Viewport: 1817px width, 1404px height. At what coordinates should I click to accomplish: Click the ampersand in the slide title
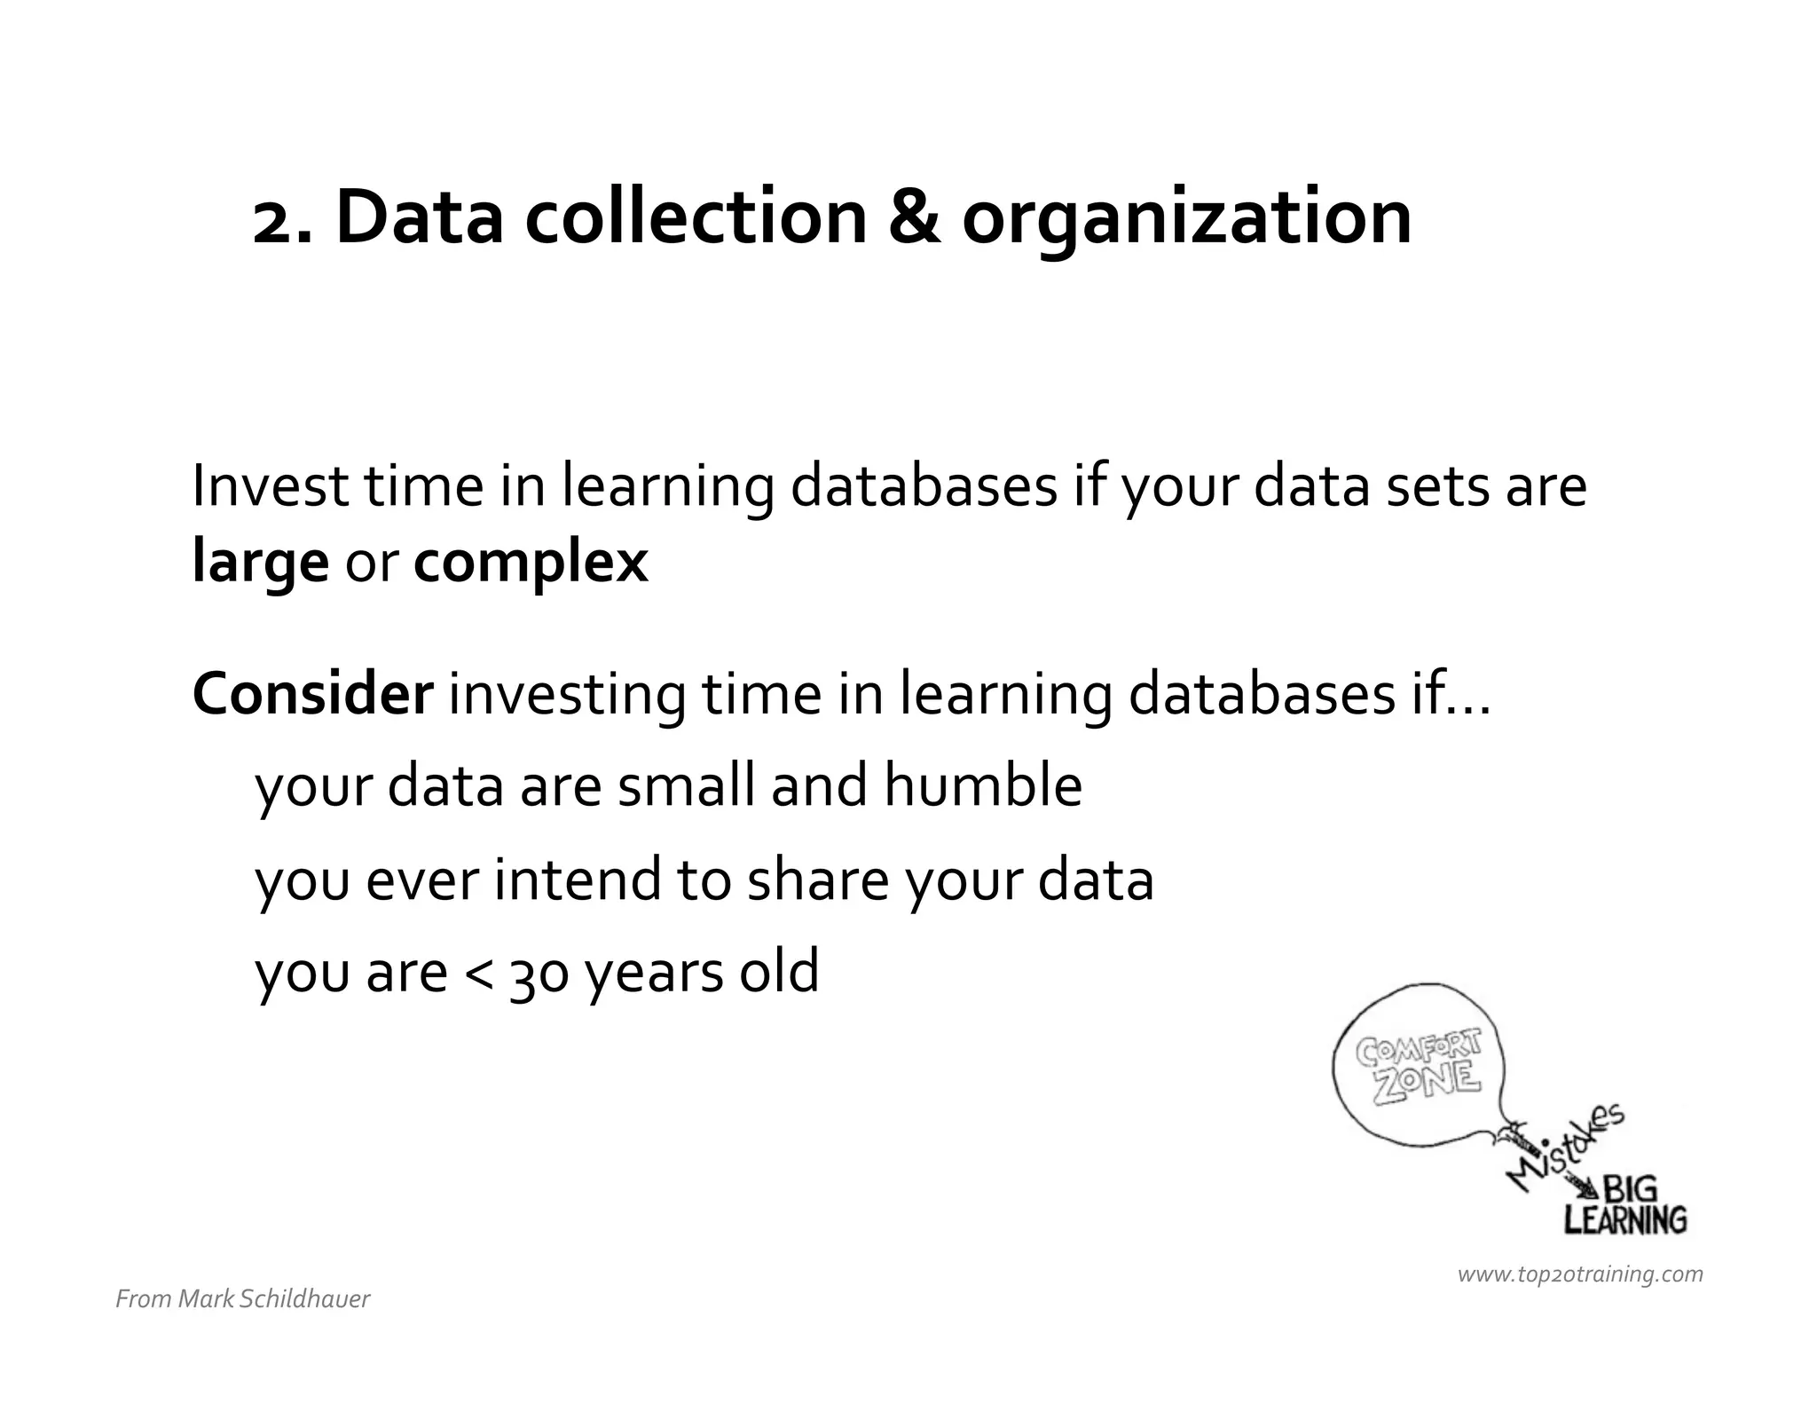914,217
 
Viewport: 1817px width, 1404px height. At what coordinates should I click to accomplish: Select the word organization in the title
1186,220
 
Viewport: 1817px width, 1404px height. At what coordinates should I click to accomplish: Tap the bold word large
260,564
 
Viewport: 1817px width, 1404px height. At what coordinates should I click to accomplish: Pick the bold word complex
531,564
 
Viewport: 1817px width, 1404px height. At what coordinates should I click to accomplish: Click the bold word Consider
312,694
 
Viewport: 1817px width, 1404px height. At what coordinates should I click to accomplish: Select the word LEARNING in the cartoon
1624,1220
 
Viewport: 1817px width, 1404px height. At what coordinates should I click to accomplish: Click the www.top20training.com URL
1580,1274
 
